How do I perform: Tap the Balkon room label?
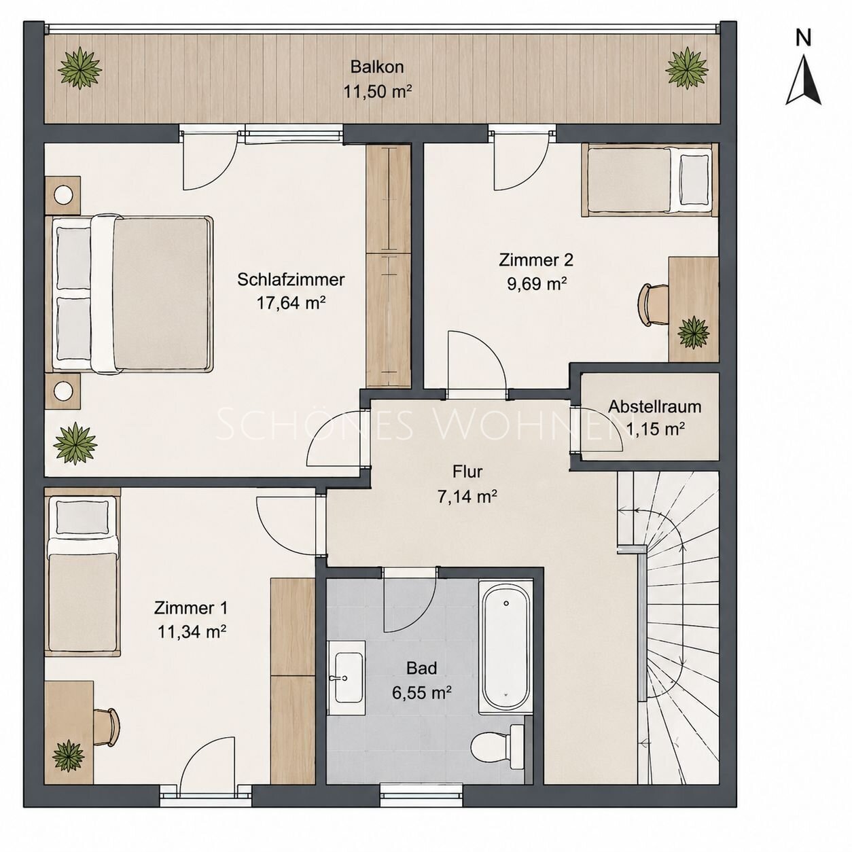(x=377, y=67)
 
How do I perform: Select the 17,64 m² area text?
(x=291, y=302)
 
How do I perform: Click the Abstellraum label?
(x=655, y=406)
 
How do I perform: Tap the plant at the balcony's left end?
(x=80, y=69)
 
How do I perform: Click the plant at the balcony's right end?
(x=687, y=68)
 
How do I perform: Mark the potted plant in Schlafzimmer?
(x=75, y=443)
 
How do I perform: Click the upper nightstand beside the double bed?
(x=63, y=195)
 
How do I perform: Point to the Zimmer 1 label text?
(x=190, y=608)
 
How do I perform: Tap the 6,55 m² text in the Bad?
(x=422, y=692)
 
